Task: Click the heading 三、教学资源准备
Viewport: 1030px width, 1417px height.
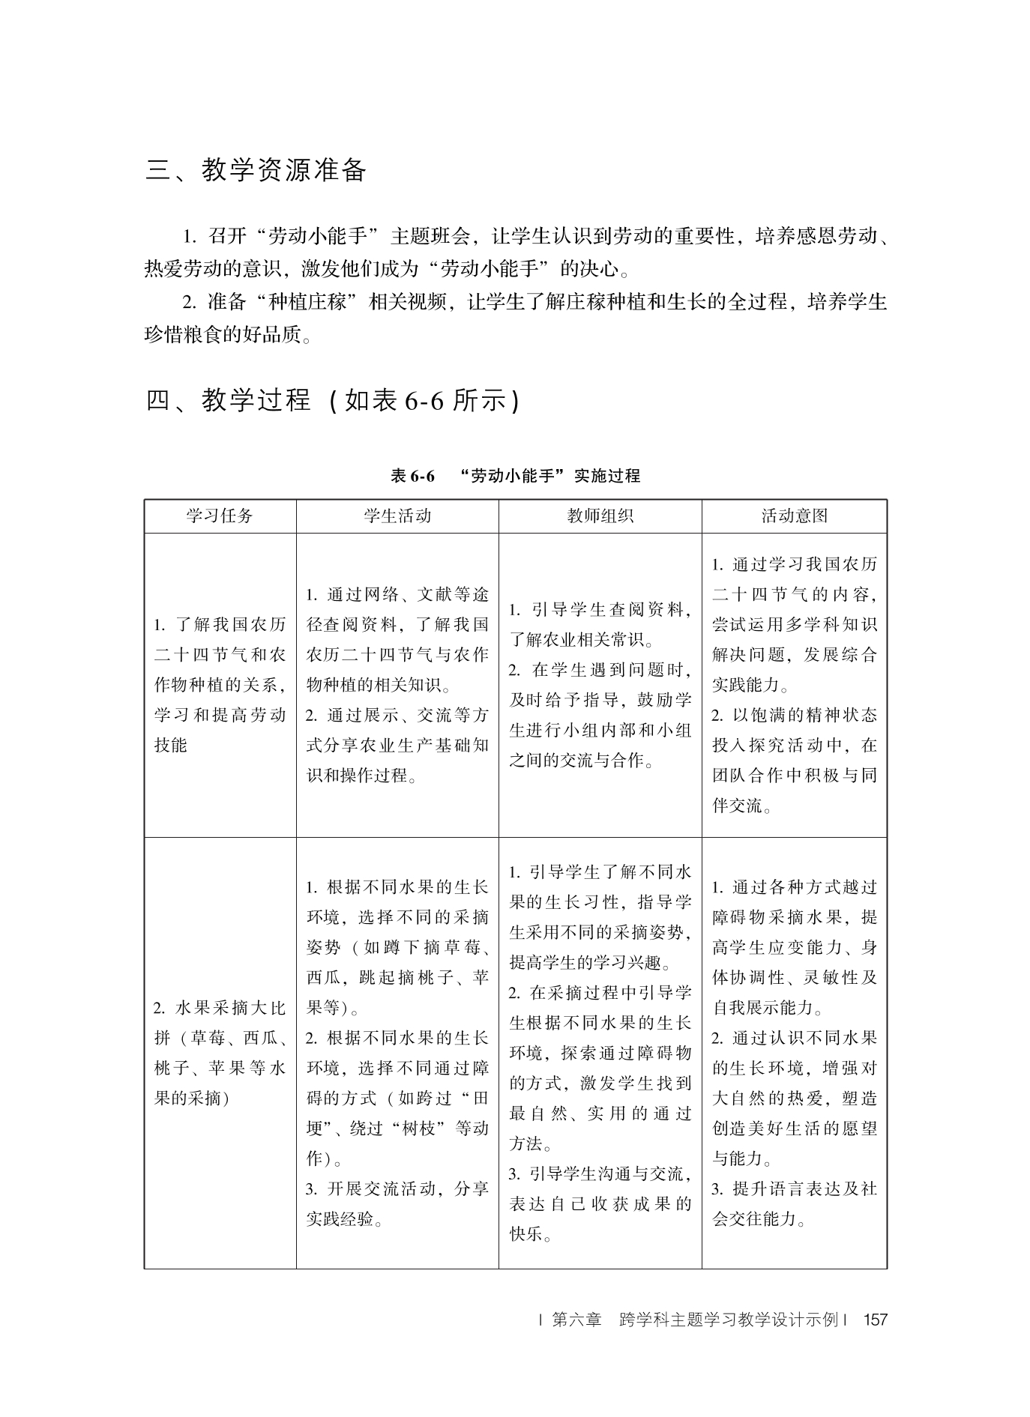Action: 256,171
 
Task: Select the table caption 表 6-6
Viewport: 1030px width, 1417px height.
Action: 412,476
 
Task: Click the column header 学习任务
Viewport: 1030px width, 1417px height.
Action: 220,516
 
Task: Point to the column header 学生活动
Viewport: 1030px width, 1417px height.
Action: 397,516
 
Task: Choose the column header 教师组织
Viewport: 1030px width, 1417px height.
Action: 600,516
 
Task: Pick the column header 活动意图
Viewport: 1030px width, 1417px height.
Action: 794,516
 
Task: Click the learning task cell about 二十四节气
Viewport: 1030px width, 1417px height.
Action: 220,685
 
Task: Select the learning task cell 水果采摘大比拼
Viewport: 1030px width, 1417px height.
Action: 220,1052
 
